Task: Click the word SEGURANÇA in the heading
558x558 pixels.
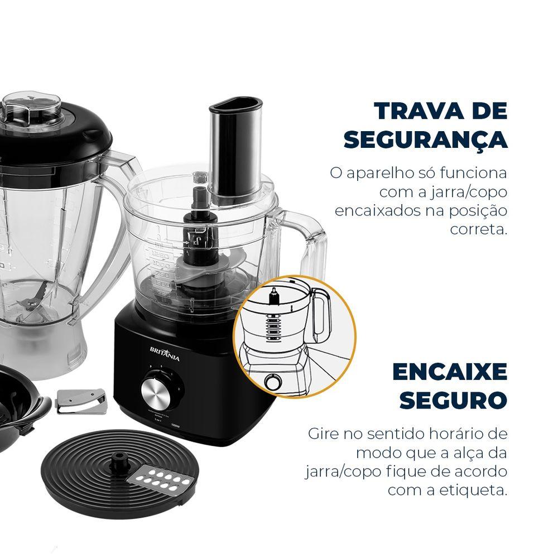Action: click(x=426, y=140)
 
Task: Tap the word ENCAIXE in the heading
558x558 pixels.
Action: click(x=449, y=372)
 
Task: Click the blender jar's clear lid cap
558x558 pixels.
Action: click(x=31, y=108)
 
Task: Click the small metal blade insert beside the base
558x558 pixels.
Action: click(x=81, y=401)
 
